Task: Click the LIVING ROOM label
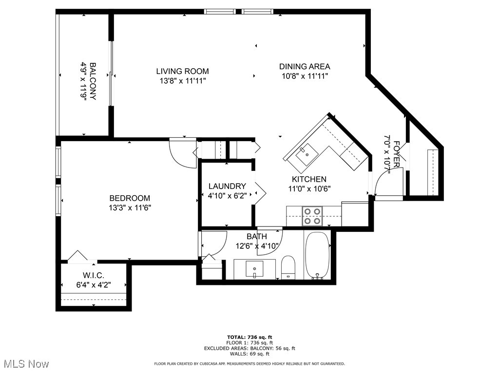pyautogui.click(x=183, y=71)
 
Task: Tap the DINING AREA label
pyautogui.click(x=305, y=67)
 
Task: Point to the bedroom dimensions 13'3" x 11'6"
pyautogui.click(x=130, y=207)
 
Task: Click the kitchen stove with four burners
pyautogui.click(x=312, y=216)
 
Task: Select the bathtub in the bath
pyautogui.click(x=317, y=255)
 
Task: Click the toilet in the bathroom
pyautogui.click(x=288, y=267)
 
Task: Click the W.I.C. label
pyautogui.click(x=93, y=276)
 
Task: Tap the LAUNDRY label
pyautogui.click(x=227, y=186)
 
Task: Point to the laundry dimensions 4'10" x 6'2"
pyautogui.click(x=227, y=195)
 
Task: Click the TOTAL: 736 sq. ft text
pyautogui.click(x=249, y=337)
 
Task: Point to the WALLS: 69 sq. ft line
pyautogui.click(x=249, y=355)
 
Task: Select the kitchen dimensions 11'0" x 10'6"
pyautogui.click(x=309, y=188)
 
